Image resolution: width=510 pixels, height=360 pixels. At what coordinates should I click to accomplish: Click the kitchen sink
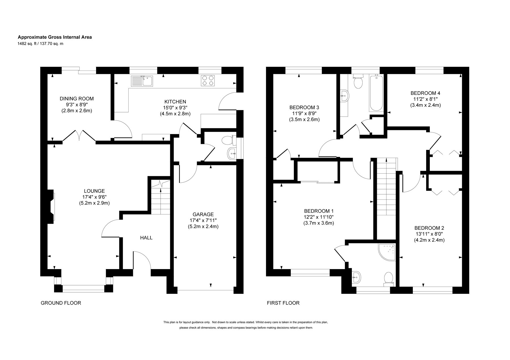(x=142, y=81)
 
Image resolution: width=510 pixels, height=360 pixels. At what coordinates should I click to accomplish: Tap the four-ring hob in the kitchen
(x=208, y=80)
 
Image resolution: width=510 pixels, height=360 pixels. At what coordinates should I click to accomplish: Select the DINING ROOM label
(x=76, y=99)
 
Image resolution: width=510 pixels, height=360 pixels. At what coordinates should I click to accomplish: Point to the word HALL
(x=146, y=238)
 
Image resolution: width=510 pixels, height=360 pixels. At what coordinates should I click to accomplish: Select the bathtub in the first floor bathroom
(x=376, y=93)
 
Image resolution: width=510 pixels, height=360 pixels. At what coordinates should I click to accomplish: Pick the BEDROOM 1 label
(x=319, y=211)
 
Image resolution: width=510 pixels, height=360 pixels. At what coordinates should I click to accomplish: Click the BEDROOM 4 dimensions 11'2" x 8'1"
(x=425, y=99)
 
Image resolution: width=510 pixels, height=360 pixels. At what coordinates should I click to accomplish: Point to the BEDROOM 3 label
(x=304, y=107)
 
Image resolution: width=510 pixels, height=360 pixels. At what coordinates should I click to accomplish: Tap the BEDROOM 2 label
(x=429, y=228)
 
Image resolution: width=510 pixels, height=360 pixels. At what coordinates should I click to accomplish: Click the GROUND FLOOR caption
(x=61, y=303)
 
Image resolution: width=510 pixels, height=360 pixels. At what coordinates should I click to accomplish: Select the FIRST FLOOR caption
(x=283, y=303)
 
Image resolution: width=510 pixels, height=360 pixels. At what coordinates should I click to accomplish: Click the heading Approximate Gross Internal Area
(x=55, y=37)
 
